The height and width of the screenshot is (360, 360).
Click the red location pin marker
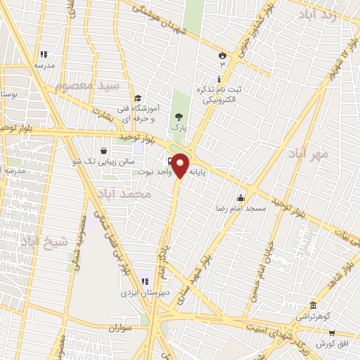click(x=181, y=165)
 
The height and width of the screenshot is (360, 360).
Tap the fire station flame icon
click(x=222, y=54)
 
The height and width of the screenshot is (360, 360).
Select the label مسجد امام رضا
click(x=241, y=209)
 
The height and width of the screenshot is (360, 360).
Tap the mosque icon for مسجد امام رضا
click(x=241, y=197)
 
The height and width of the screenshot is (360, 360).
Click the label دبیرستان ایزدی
click(x=146, y=293)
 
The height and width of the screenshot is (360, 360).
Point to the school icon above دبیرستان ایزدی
click(x=145, y=281)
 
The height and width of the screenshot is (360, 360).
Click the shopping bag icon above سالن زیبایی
click(x=104, y=150)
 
